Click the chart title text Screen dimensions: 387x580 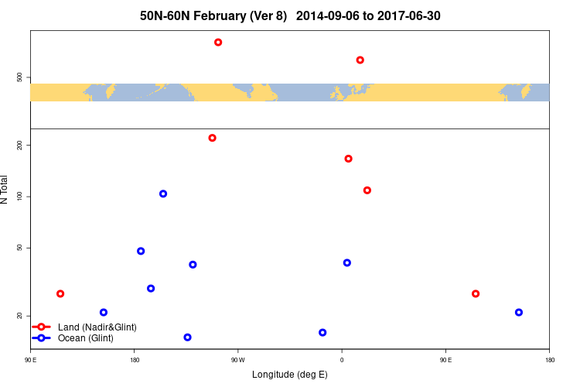tap(290, 15)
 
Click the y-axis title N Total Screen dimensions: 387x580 tap(5, 190)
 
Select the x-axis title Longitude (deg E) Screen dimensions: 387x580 tap(290, 375)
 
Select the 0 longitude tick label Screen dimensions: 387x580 tap(342, 359)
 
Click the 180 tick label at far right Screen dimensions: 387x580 tap(549, 359)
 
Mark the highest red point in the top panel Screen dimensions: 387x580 tap(218, 42)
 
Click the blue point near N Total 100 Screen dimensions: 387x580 tap(163, 193)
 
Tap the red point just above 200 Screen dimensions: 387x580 tap(212, 138)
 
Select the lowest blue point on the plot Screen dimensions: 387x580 tap(187, 337)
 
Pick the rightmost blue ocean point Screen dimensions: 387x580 tap(519, 313)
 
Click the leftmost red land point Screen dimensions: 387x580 tap(60, 294)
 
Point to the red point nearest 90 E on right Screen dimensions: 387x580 tap(476, 294)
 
